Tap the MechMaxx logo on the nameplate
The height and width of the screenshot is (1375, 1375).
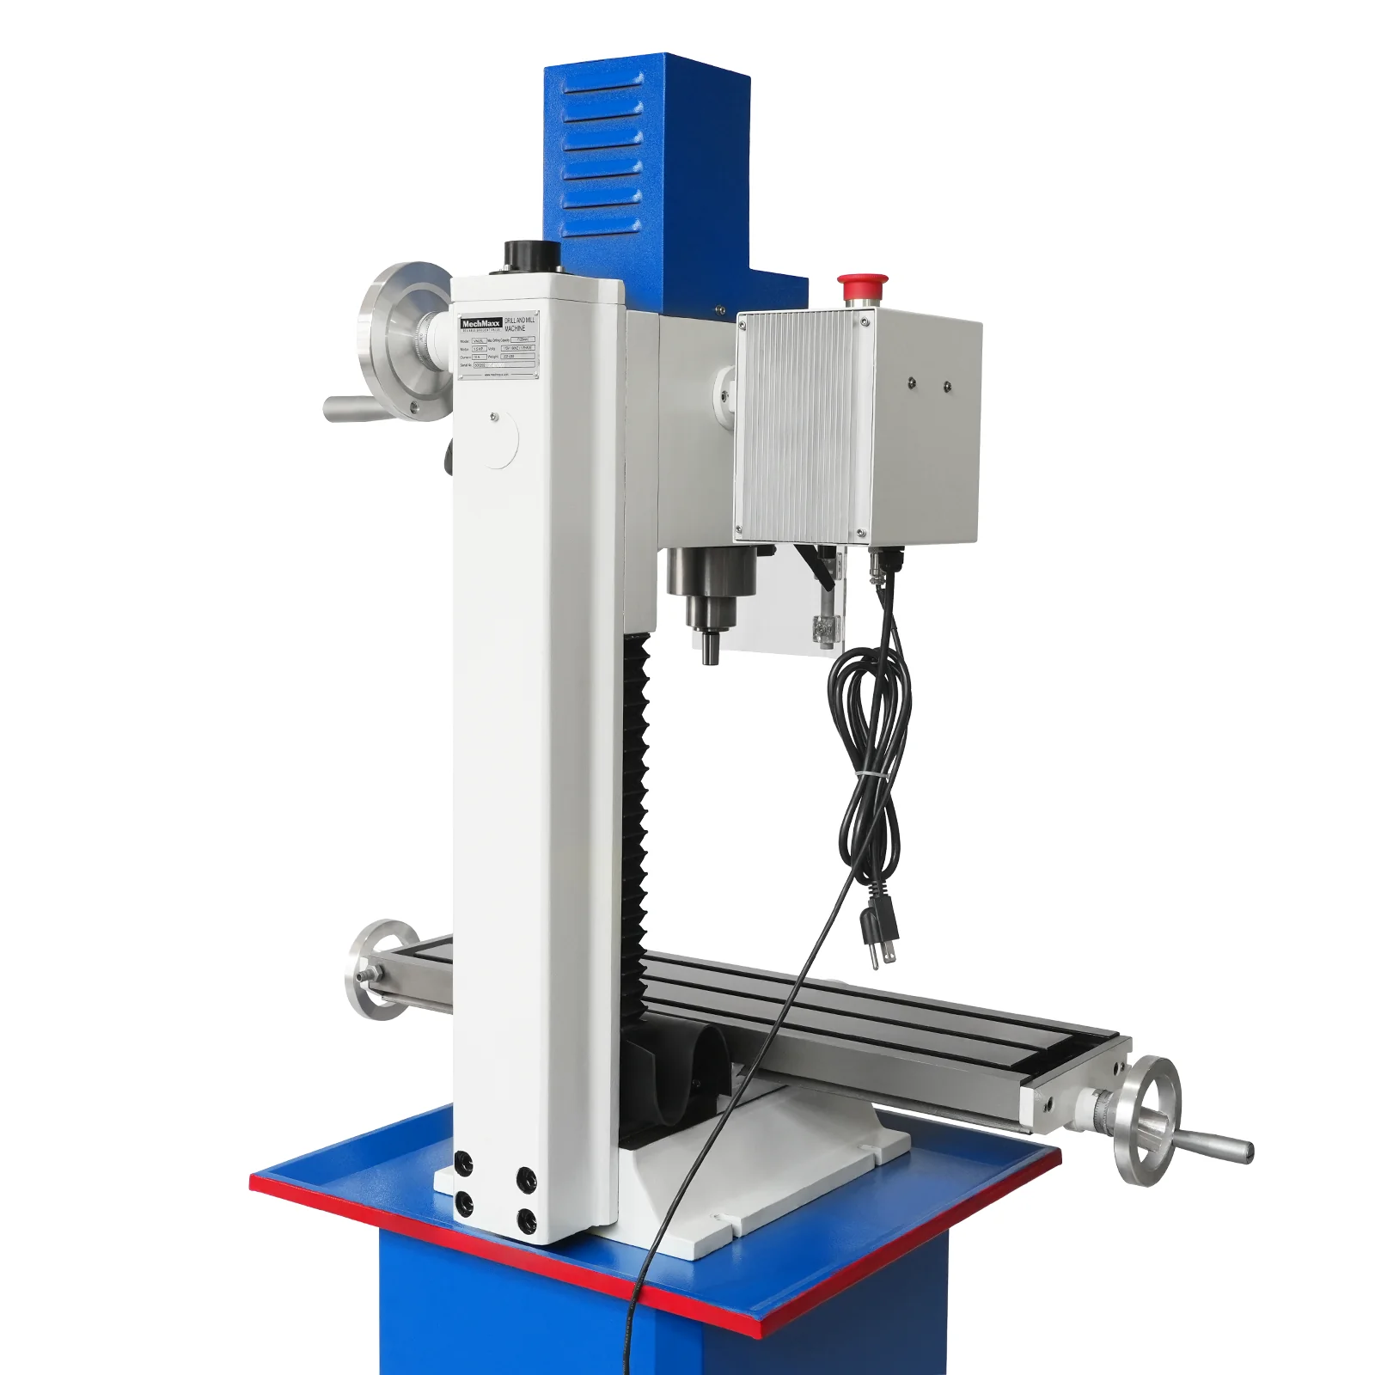click(x=480, y=324)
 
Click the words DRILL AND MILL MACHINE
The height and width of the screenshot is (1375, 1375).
click(x=519, y=323)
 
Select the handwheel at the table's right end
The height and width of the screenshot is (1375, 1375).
click(x=1146, y=1120)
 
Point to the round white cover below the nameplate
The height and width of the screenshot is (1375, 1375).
click(x=495, y=438)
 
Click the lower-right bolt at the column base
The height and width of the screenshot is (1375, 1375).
click(x=526, y=1219)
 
